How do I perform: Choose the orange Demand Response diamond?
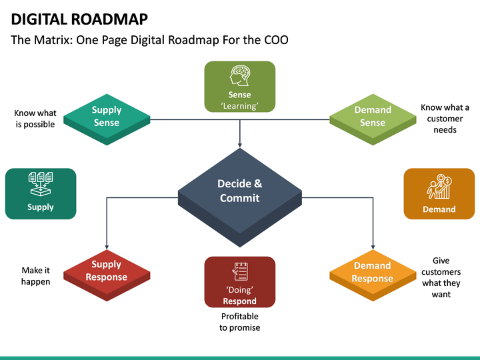click(373, 273)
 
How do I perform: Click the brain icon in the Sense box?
click(239, 75)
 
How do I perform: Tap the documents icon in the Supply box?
click(41, 184)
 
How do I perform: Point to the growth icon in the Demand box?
click(439, 187)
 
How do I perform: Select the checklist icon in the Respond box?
click(239, 272)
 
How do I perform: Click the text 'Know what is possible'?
click(35, 119)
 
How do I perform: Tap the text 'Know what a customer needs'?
click(445, 119)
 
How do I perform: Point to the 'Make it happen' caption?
click(36, 276)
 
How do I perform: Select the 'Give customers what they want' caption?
click(441, 277)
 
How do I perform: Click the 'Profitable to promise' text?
click(239, 322)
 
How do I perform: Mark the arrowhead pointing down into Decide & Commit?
click(239, 143)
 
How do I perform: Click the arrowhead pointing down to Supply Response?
click(107, 247)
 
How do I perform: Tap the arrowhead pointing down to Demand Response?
click(373, 247)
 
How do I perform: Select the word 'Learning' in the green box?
click(239, 106)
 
